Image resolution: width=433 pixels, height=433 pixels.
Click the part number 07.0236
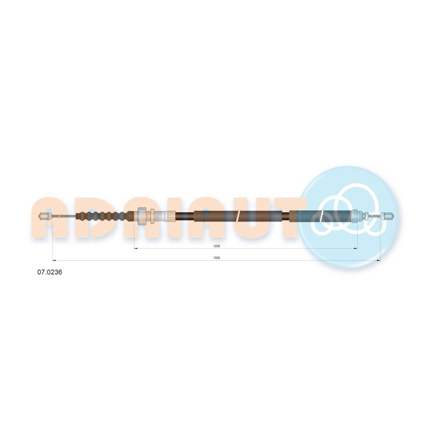(x=50, y=272)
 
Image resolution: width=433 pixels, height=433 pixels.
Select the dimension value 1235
(x=216, y=246)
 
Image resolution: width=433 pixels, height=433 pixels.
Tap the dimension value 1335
(x=216, y=258)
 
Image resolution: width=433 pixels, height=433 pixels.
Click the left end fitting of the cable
(x=46, y=216)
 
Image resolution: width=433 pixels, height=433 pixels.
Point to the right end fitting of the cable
(x=387, y=216)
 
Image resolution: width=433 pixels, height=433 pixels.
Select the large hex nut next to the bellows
(x=141, y=216)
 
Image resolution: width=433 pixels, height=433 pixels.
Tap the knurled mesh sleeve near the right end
(x=321, y=216)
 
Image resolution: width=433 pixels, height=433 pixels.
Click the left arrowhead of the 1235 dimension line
(x=136, y=249)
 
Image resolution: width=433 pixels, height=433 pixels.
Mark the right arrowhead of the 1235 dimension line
(x=356, y=249)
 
